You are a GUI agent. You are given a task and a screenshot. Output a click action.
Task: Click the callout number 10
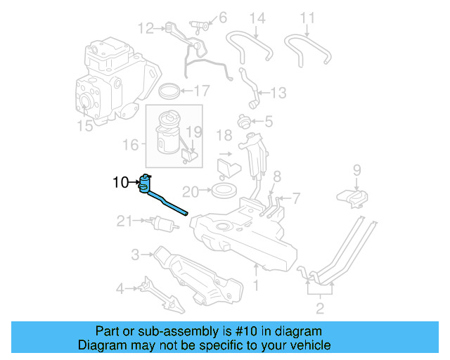pos(120,184)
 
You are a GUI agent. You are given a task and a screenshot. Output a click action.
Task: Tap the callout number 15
pos(84,127)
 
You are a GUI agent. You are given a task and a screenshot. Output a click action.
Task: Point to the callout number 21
pos(124,221)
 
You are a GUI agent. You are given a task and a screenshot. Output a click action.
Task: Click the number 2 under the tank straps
pos(319,307)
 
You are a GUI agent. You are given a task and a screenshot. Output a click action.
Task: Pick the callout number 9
pos(356,169)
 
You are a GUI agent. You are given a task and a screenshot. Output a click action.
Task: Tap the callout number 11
pos(308,17)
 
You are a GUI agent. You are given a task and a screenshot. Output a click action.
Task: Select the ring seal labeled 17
pos(169,91)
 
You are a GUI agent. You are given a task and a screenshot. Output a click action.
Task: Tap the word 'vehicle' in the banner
pos(309,345)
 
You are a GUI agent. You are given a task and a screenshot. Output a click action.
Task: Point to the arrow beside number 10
pos(134,184)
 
